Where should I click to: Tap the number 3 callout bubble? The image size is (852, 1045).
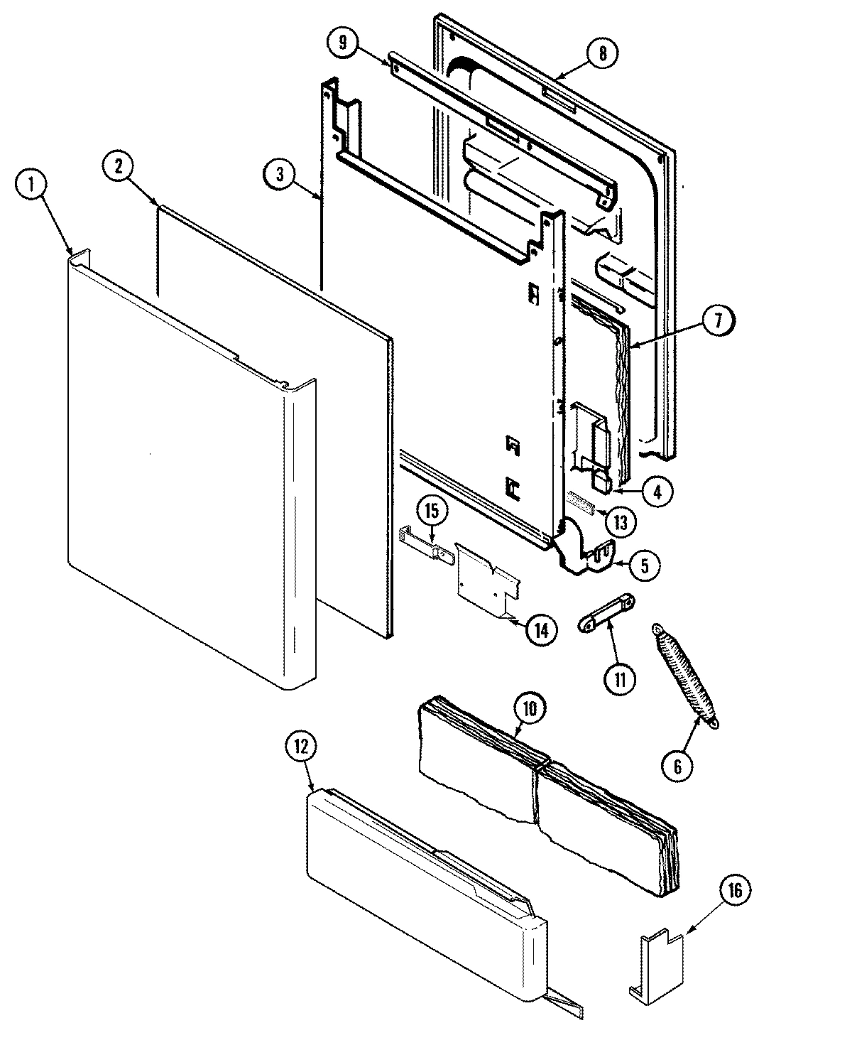click(280, 175)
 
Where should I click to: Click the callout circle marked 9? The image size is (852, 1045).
click(344, 43)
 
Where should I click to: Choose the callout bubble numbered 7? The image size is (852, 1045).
click(717, 321)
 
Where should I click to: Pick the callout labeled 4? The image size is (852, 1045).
click(657, 491)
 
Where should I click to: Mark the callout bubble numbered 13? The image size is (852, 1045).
click(620, 522)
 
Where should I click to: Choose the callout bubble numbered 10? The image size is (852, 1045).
click(532, 707)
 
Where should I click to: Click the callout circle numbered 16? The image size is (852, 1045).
click(735, 892)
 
